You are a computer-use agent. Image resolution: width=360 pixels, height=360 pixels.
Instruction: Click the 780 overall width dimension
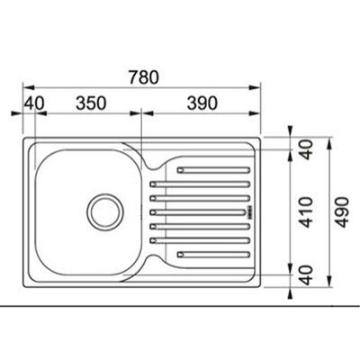tap(143, 76)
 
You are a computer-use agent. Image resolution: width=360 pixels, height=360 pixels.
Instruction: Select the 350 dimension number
tap(91, 103)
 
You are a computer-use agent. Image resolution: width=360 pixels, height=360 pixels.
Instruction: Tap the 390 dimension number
tap(202, 103)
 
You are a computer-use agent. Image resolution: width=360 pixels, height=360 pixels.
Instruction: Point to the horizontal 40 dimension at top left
tap(34, 103)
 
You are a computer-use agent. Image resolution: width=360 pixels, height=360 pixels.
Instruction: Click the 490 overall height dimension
tap(342, 212)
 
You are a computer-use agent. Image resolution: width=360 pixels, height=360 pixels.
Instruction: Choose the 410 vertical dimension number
tap(306, 212)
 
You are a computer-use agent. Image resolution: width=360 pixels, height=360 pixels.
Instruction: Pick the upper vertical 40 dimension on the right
tap(306, 149)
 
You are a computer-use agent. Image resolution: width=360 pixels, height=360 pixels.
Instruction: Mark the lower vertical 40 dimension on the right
tap(306, 275)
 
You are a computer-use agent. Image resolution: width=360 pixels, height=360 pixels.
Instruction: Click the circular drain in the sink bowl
tap(105, 211)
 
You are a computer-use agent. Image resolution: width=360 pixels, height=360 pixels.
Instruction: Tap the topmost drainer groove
tap(213, 170)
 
